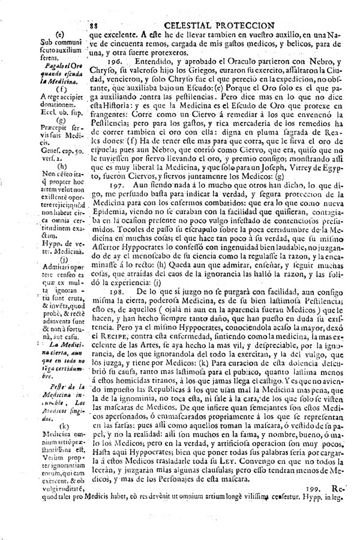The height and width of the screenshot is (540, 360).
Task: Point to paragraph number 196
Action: click(115, 62)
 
